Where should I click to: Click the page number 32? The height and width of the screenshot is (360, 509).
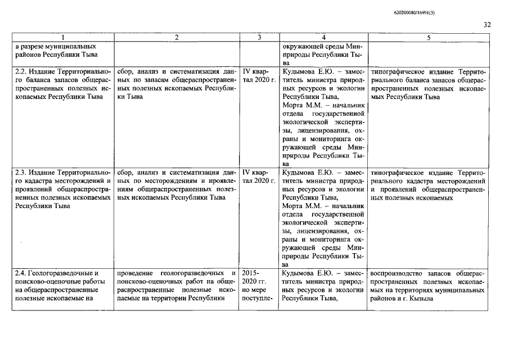pos(487,25)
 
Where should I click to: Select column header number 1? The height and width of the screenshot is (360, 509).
pos(62,38)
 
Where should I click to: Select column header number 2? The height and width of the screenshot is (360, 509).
pos(177,38)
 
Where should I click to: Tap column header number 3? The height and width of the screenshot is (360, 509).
pos(259,38)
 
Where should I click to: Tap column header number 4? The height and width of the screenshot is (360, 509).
pos(323,38)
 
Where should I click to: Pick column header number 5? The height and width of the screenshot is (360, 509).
pos(429,38)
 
